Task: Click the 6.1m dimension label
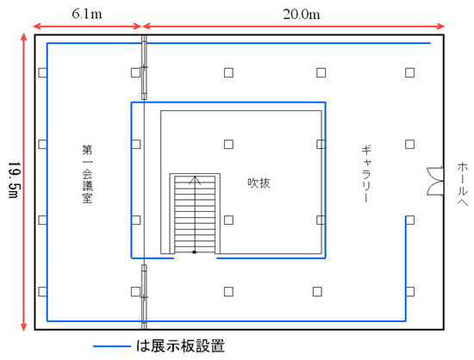pyautogui.click(x=87, y=14)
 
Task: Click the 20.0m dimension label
pyautogui.click(x=302, y=14)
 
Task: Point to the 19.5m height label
pyautogui.click(x=14, y=180)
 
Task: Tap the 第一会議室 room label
pyautogui.click(x=87, y=174)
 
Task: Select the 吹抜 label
pyautogui.click(x=259, y=183)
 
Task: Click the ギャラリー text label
pyautogui.click(x=366, y=174)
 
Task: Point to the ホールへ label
pyautogui.click(x=462, y=184)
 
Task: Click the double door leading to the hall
pyautogui.click(x=435, y=181)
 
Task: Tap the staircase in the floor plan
pyautogui.click(x=195, y=214)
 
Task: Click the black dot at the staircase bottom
pyautogui.click(x=195, y=252)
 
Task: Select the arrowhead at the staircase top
pyautogui.click(x=195, y=180)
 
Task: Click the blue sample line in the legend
pyautogui.click(x=112, y=346)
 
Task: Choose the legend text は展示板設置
pyautogui.click(x=180, y=346)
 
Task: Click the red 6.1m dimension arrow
pyautogui.click(x=87, y=27)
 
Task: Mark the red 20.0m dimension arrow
pyautogui.click(x=294, y=27)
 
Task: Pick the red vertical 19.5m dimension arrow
pyautogui.click(x=23, y=182)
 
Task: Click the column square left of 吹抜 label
pyautogui.click(x=228, y=220)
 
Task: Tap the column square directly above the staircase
pyautogui.click(x=228, y=145)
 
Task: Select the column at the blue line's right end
pyautogui.click(x=410, y=220)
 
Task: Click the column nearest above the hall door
pyautogui.click(x=410, y=145)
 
